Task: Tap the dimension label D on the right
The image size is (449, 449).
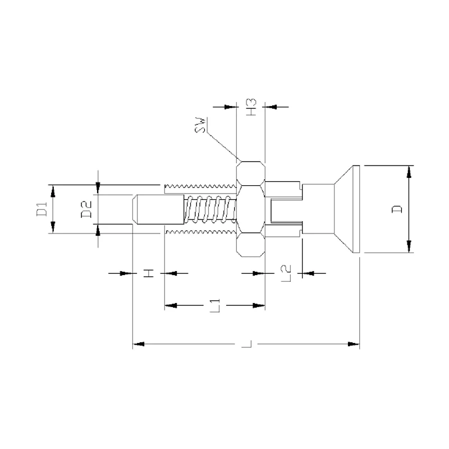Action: (x=397, y=209)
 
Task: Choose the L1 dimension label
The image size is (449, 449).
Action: (x=214, y=306)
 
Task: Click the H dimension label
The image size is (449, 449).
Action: (x=148, y=273)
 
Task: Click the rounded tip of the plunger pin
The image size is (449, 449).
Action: (x=136, y=209)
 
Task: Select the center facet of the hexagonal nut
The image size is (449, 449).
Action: (x=250, y=209)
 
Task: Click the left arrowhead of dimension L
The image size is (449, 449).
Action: (x=138, y=343)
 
